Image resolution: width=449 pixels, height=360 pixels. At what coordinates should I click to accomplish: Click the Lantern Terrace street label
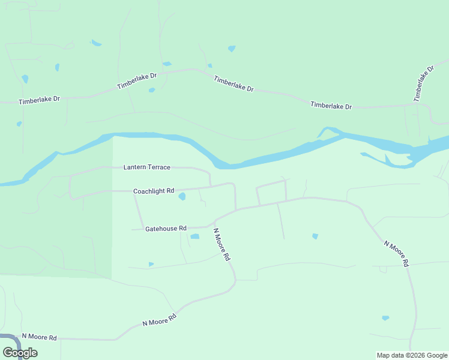tap(147, 167)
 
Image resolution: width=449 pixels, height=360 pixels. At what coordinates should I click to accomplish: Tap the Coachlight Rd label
tap(154, 191)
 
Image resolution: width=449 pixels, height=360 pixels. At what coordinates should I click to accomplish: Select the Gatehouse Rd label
tap(166, 229)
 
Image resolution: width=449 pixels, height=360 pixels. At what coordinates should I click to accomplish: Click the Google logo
tap(20, 353)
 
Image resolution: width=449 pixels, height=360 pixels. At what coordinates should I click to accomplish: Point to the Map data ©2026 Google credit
tap(412, 355)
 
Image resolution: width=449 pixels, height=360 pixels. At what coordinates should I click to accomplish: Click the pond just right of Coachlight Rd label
tap(182, 196)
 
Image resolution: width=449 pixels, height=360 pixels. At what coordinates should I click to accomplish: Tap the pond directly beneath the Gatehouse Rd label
tap(194, 236)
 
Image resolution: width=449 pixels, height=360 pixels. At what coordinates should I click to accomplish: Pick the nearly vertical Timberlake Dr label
tap(423, 83)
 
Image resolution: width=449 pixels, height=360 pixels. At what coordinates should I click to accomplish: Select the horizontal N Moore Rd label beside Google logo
tap(39, 337)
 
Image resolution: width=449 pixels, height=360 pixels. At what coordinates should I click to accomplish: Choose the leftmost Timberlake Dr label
tap(40, 100)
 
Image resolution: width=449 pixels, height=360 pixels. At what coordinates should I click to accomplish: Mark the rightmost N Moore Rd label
tap(397, 254)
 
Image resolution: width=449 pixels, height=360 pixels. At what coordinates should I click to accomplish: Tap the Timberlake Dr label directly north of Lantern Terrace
tap(137, 81)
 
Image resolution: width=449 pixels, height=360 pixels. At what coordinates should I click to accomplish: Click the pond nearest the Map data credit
tap(385, 318)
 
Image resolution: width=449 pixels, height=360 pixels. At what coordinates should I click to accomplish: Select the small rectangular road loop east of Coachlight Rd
tap(271, 192)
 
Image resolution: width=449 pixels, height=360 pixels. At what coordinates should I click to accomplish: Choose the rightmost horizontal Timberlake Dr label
tap(331, 106)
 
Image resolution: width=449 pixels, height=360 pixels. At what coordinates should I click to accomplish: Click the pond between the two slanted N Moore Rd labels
tap(315, 236)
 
